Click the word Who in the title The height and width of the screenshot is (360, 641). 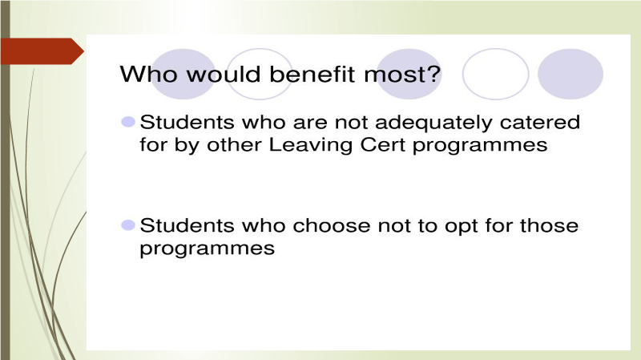point(149,74)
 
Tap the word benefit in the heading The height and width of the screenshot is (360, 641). point(312,74)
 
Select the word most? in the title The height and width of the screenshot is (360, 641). point(402,74)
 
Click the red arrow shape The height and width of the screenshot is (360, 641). point(42,51)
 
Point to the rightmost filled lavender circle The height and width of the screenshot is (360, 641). point(570,74)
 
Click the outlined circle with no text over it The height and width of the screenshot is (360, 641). point(495,49)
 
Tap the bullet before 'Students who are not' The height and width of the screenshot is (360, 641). point(128,122)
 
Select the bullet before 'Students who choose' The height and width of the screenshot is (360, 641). point(128,225)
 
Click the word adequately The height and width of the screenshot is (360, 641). point(433,123)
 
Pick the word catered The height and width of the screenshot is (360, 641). point(539,123)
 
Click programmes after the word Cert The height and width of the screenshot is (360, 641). point(480,146)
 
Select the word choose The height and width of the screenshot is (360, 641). point(332,225)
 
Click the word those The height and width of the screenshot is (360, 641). point(549,225)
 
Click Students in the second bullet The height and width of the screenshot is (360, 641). point(187,225)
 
